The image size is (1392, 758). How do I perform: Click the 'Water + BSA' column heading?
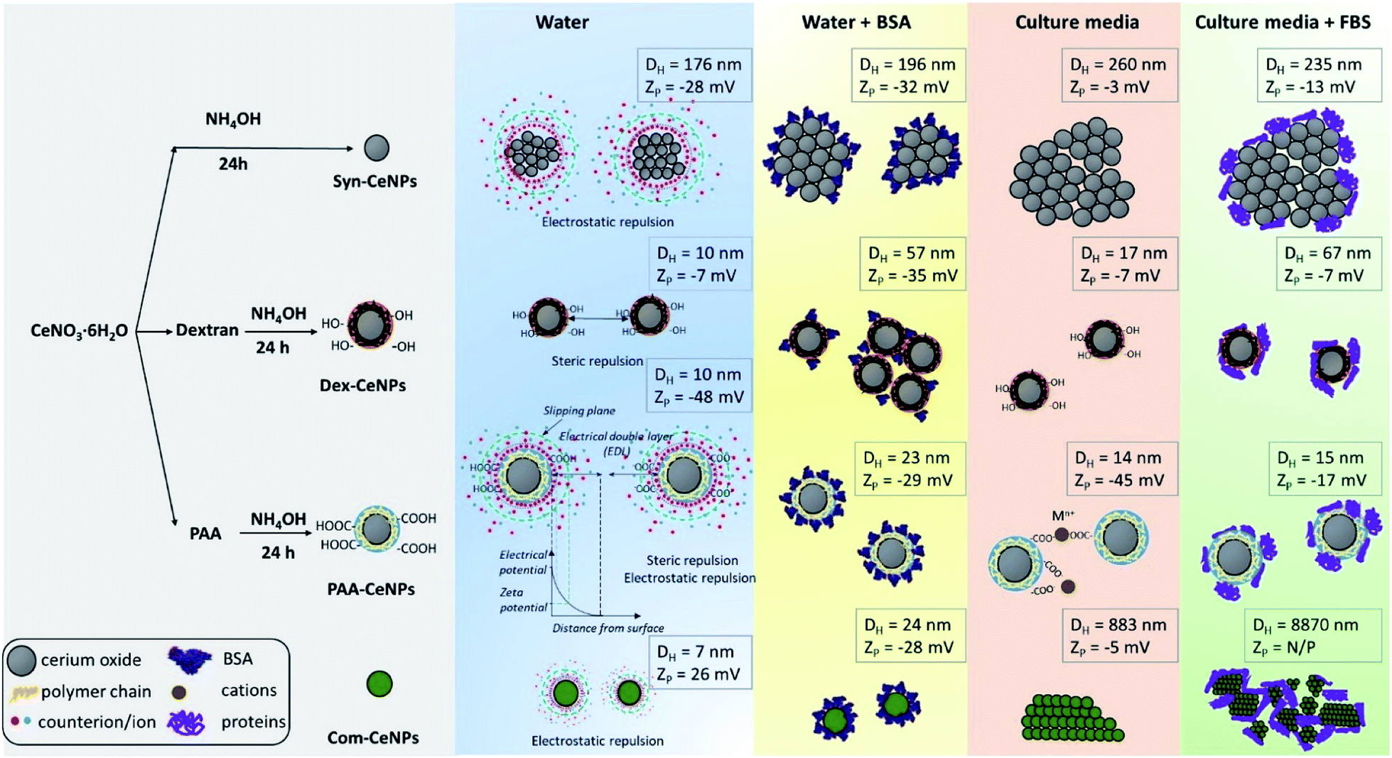click(x=856, y=23)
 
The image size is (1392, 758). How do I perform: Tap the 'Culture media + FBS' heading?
click(x=1282, y=23)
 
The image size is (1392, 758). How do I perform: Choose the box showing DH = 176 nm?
click(x=693, y=75)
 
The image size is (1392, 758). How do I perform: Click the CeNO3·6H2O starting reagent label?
click(x=79, y=331)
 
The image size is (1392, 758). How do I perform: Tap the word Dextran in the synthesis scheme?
click(x=207, y=330)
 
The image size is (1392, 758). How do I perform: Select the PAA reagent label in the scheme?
click(x=205, y=534)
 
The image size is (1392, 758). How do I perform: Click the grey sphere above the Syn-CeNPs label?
click(x=377, y=148)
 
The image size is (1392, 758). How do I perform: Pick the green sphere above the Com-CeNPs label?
click(x=379, y=684)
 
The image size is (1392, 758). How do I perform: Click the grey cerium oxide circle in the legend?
click(x=21, y=660)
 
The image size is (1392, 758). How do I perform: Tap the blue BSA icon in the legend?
click(x=189, y=659)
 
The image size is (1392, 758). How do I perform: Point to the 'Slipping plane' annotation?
click(x=578, y=411)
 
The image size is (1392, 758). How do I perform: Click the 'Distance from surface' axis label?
click(x=608, y=628)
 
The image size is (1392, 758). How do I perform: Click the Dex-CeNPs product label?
click(x=362, y=386)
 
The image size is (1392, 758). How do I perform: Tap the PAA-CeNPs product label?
click(x=370, y=589)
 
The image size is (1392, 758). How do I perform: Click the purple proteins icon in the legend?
click(x=186, y=722)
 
